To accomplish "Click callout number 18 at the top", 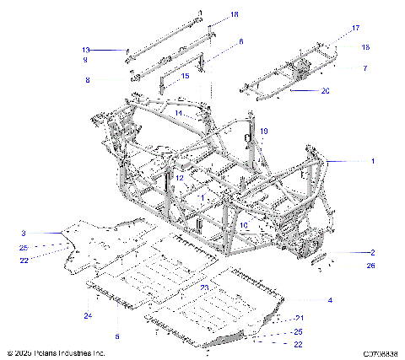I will [x=234, y=14].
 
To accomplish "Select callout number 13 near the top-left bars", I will [x=85, y=51].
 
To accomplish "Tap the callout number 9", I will [x=85, y=61].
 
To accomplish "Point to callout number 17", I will [x=355, y=28].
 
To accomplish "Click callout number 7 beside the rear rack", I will [x=364, y=67].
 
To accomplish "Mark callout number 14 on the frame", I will [x=179, y=112].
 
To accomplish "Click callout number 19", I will [x=263, y=131].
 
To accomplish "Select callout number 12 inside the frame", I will [x=179, y=177].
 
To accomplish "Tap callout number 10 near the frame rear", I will [x=243, y=226].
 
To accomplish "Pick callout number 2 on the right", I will [x=371, y=252].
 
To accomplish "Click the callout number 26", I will [x=371, y=266].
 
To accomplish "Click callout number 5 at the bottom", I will [x=117, y=337].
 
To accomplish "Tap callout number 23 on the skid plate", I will [x=204, y=287].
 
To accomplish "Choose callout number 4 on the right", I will [x=330, y=300].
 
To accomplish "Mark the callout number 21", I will [x=298, y=318].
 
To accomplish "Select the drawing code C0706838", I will [x=381, y=353].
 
